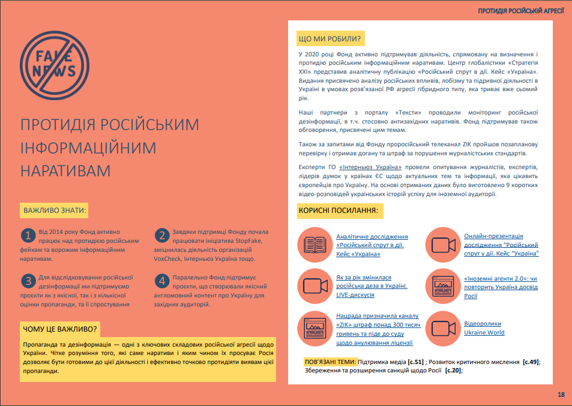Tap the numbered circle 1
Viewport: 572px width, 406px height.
coord(28,234)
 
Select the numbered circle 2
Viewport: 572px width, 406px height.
coord(161,234)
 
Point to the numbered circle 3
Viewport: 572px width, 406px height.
coord(28,281)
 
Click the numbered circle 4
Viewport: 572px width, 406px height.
coord(161,281)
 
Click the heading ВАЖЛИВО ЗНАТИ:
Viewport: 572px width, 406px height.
coord(55,211)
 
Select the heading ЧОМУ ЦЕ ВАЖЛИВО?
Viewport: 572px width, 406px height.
coord(60,329)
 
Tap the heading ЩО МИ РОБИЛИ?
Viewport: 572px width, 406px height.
coord(330,40)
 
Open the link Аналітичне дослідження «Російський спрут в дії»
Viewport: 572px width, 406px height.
coord(372,245)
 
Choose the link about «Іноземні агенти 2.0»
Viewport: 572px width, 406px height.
coord(501,288)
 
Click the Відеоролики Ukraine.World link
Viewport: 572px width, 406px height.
coord(484,328)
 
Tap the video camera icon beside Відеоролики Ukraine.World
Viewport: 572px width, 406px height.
coord(443,328)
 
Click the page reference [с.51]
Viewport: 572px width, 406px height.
coord(415,362)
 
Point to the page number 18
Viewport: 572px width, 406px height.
coord(561,394)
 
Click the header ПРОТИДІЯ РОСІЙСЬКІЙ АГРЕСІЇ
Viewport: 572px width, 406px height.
coord(520,11)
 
